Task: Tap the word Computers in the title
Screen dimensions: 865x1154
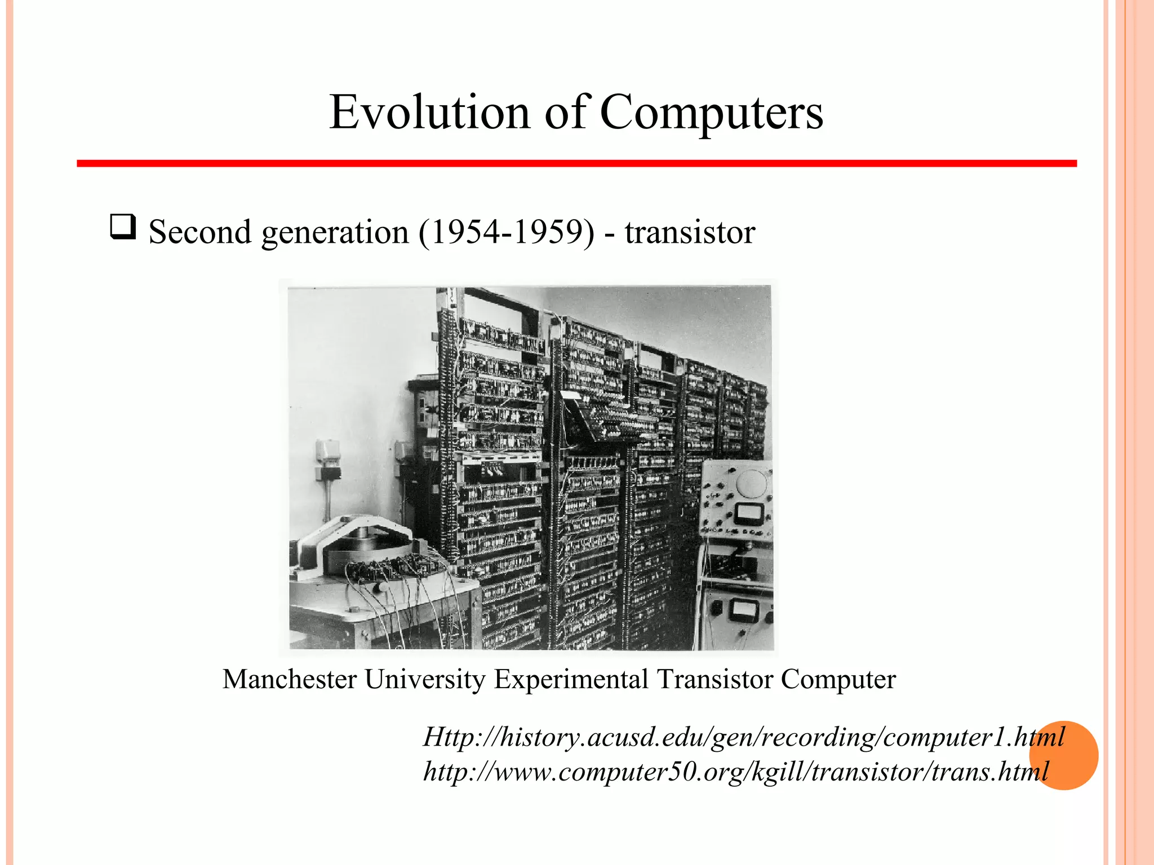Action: tap(711, 112)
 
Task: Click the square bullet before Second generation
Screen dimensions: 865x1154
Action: tap(123, 227)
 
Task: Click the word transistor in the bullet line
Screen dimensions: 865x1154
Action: tap(690, 231)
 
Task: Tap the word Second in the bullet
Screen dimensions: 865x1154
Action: tap(200, 231)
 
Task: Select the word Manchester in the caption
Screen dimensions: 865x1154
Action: tap(290, 679)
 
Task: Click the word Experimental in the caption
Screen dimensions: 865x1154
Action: tap(571, 679)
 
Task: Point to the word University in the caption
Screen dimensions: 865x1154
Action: tap(425, 679)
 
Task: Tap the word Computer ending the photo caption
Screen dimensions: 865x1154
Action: tap(838, 679)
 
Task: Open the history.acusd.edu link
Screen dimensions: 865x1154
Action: tap(744, 737)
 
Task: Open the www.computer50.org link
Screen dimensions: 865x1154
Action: tap(736, 771)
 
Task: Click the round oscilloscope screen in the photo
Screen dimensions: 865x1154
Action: tap(752, 484)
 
